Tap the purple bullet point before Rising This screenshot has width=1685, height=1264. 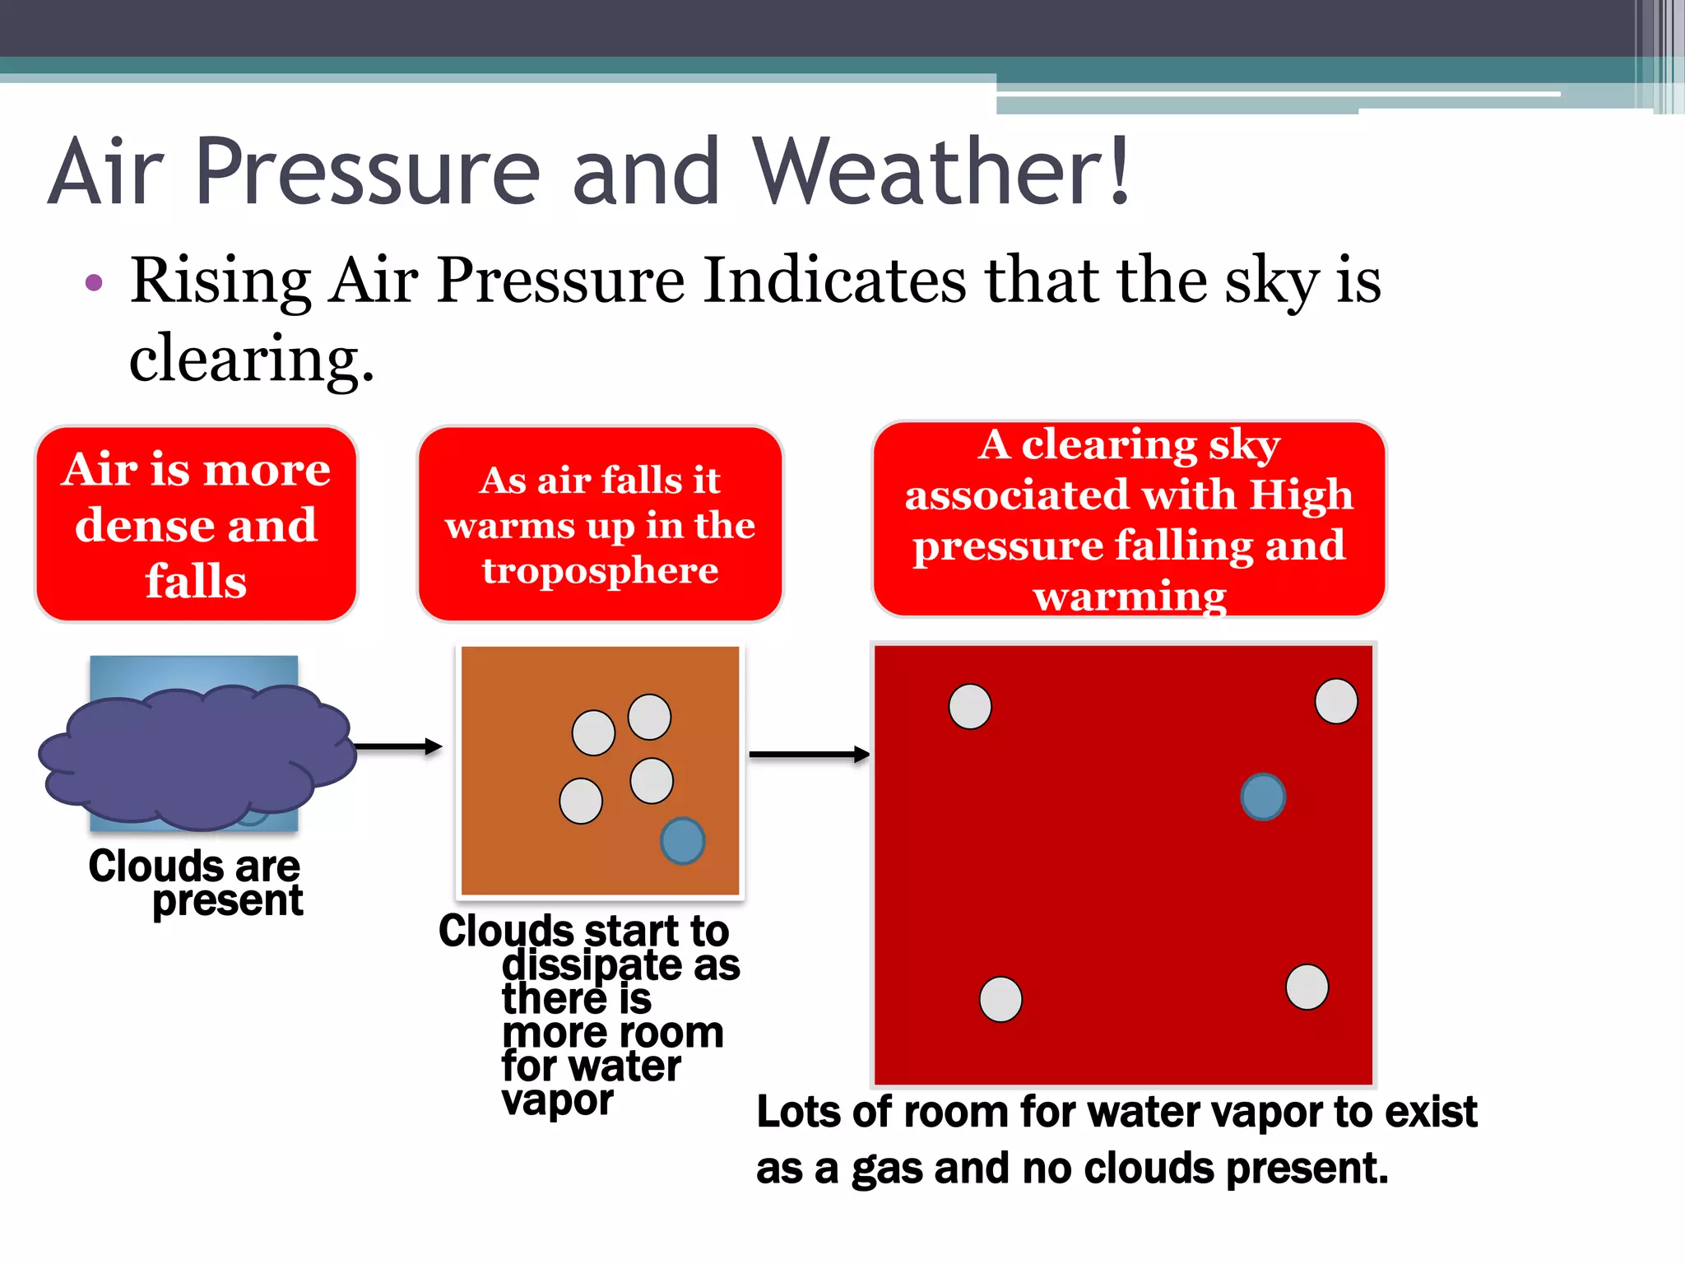point(94,283)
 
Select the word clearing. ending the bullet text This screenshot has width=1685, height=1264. point(251,359)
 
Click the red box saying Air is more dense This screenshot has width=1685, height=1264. point(196,524)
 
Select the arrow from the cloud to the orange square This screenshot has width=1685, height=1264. point(398,747)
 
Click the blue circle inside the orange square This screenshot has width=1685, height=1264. point(682,841)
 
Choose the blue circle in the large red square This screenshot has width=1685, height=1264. point(1263,797)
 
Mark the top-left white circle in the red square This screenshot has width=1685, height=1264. point(970,706)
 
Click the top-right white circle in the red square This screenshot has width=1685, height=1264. point(1336,701)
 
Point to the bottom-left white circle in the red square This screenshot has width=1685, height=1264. point(1000,999)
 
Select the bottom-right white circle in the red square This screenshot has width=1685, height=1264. point(1307,987)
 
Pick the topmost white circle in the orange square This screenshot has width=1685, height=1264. point(649,717)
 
